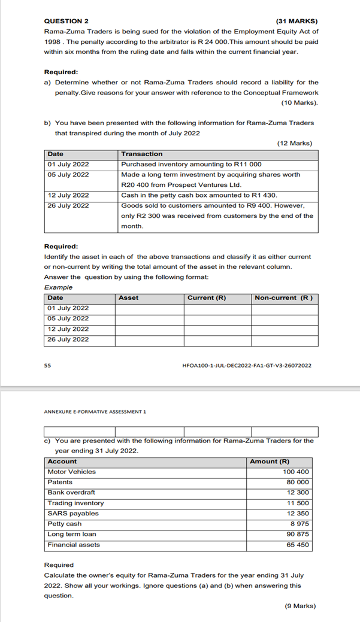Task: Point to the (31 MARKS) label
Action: coord(297,20)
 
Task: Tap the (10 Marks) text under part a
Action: coord(300,103)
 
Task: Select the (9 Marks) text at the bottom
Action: coord(300,606)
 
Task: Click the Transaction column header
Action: coord(142,154)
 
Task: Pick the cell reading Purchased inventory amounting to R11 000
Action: coord(191,164)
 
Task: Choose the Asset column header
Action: coord(128,298)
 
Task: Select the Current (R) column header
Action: coord(207,298)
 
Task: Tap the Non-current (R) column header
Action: coord(283,298)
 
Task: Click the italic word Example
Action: coord(59,287)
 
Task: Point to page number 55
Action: coord(48,365)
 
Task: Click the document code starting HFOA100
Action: coord(246,365)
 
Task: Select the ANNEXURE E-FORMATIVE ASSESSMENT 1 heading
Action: coord(95,412)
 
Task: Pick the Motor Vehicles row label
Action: coord(71,472)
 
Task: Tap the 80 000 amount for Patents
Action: coord(298,482)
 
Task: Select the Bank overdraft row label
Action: coord(71,492)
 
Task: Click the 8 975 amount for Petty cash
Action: coord(300,524)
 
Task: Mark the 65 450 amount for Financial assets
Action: coord(298,545)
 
